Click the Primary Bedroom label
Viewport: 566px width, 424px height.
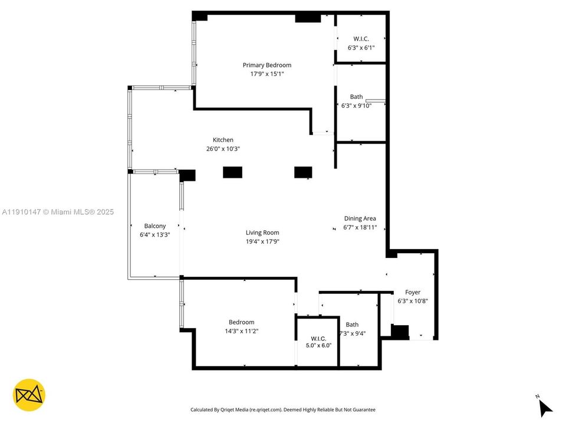pos(267,65)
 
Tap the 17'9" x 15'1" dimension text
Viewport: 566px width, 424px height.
pos(267,74)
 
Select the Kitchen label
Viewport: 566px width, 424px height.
pos(223,140)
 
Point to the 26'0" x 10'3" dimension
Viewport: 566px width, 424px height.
pos(223,149)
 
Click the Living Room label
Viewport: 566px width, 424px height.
pos(262,233)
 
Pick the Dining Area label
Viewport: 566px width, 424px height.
pos(360,218)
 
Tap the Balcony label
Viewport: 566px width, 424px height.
pos(155,226)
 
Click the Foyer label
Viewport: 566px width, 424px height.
pos(413,292)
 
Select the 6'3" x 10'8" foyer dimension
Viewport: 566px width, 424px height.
pos(413,301)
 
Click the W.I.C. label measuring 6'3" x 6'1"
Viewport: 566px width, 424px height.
pos(361,39)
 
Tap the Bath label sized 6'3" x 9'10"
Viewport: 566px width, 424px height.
pos(356,97)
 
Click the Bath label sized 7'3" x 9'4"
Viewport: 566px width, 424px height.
pos(352,324)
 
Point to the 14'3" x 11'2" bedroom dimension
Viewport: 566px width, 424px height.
pos(242,331)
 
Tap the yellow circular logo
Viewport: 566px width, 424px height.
pos(29,395)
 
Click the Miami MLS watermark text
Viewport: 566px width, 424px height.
pos(58,212)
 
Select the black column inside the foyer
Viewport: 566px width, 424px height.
pos(400,332)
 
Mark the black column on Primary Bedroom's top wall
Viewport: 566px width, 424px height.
pos(308,18)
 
